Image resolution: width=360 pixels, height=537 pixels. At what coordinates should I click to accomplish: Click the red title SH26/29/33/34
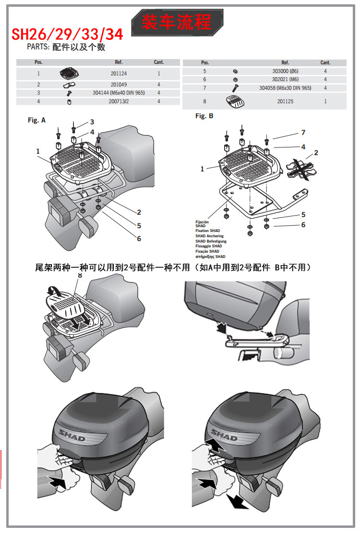click(67, 34)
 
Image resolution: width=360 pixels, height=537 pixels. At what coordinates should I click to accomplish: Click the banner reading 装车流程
click(177, 23)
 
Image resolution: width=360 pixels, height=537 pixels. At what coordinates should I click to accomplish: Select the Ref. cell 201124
click(119, 73)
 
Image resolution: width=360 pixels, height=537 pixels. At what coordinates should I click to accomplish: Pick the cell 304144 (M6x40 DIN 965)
click(119, 93)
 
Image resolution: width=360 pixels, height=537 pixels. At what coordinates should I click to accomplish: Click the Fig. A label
click(36, 120)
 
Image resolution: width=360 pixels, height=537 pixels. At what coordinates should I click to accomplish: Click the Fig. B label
click(204, 116)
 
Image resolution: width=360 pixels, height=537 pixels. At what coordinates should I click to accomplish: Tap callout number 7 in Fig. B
click(303, 133)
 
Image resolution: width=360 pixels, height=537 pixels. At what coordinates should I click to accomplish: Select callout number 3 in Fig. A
click(92, 122)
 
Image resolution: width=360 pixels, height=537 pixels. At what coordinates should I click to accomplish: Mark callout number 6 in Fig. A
click(139, 239)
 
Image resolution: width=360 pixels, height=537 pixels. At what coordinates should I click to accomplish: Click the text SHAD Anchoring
click(209, 236)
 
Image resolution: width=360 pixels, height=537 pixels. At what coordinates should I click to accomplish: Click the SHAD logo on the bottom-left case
click(72, 435)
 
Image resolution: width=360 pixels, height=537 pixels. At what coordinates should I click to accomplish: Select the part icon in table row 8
click(235, 102)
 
